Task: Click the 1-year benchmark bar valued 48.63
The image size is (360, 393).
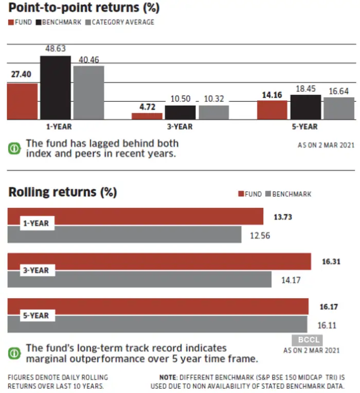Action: point(56,87)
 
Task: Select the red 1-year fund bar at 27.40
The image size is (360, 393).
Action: point(22,101)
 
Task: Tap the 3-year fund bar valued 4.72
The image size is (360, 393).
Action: point(147,116)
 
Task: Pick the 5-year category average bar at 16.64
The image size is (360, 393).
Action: point(339,108)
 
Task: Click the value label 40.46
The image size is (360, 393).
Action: point(88,60)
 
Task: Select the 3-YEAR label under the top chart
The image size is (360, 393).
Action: point(180,127)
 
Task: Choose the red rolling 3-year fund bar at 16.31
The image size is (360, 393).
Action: point(159,261)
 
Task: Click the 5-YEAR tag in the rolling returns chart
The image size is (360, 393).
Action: point(36,315)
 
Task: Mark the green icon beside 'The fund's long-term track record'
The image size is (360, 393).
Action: point(14,353)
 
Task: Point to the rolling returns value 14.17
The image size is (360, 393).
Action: point(290,280)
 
